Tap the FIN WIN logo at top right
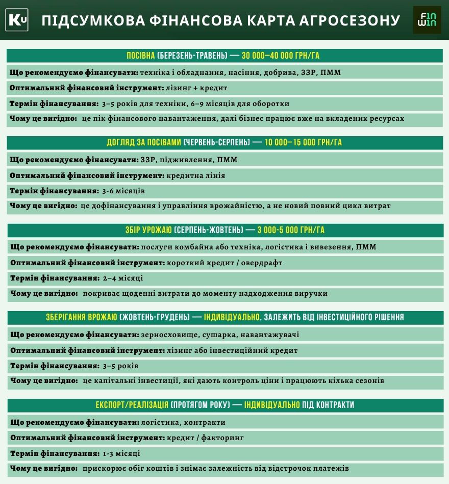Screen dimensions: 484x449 (427, 20)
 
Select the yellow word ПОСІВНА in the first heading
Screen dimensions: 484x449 (141, 56)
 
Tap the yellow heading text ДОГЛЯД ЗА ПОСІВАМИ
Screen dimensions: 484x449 (144, 142)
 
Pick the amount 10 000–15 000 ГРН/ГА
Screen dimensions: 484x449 (303, 142)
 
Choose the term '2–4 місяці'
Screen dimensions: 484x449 (123, 279)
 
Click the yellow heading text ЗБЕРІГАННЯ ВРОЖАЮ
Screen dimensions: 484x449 (82, 317)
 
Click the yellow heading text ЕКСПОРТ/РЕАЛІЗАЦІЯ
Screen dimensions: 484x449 (132, 405)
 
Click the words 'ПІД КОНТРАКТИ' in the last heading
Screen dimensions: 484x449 (329, 405)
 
